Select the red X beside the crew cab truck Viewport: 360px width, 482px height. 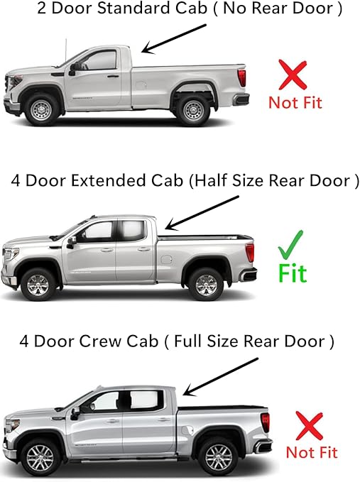point(311,426)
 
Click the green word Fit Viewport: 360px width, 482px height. point(292,272)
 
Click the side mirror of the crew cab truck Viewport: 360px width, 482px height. point(75,413)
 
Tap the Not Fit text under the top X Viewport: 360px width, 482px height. point(295,102)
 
